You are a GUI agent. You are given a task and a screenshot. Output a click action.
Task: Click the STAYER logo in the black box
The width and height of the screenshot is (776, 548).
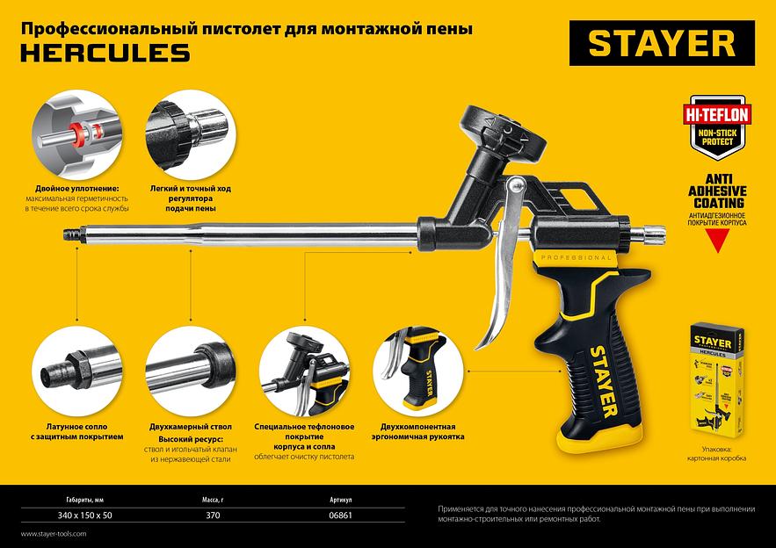(x=662, y=43)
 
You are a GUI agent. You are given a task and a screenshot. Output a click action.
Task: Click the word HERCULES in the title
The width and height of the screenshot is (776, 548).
(x=105, y=53)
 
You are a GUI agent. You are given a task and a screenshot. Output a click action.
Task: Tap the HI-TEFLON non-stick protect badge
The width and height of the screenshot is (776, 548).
(x=717, y=127)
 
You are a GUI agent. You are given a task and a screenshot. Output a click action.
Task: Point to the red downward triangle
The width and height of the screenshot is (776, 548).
(x=717, y=241)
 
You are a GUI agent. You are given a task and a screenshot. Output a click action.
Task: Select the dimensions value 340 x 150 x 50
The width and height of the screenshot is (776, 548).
(x=84, y=516)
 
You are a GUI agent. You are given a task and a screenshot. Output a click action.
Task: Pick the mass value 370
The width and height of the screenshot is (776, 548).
(x=213, y=516)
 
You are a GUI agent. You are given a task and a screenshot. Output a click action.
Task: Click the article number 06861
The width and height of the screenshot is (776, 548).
(x=340, y=516)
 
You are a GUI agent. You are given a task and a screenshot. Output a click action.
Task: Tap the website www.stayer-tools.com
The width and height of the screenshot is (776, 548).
(x=54, y=534)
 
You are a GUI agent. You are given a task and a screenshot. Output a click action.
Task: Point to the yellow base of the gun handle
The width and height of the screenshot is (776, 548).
(x=598, y=437)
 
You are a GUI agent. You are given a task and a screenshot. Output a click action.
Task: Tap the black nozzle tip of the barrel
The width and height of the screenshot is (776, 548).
(x=73, y=234)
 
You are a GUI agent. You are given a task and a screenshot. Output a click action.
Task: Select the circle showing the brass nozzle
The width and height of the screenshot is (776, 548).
(x=77, y=371)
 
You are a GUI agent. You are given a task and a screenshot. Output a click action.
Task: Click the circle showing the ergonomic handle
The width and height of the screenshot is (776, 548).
(x=418, y=371)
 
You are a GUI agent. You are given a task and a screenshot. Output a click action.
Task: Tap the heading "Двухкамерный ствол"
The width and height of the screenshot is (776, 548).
(x=191, y=427)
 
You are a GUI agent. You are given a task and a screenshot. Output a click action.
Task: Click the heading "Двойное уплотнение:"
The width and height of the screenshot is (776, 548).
(x=77, y=189)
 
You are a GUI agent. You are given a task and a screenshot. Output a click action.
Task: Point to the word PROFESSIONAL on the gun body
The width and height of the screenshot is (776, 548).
(x=577, y=257)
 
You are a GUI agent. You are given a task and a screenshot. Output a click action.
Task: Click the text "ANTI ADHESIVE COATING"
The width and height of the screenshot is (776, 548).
(x=717, y=191)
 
